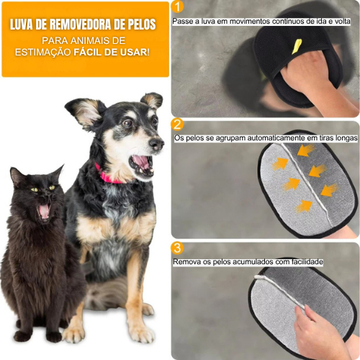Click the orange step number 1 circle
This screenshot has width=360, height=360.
pos(178,6)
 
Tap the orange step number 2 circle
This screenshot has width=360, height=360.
pos(178,125)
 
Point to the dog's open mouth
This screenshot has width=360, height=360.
pos(141,163)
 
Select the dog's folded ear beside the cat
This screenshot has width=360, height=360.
pos(80,112)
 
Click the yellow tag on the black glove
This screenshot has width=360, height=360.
pos(297,46)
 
